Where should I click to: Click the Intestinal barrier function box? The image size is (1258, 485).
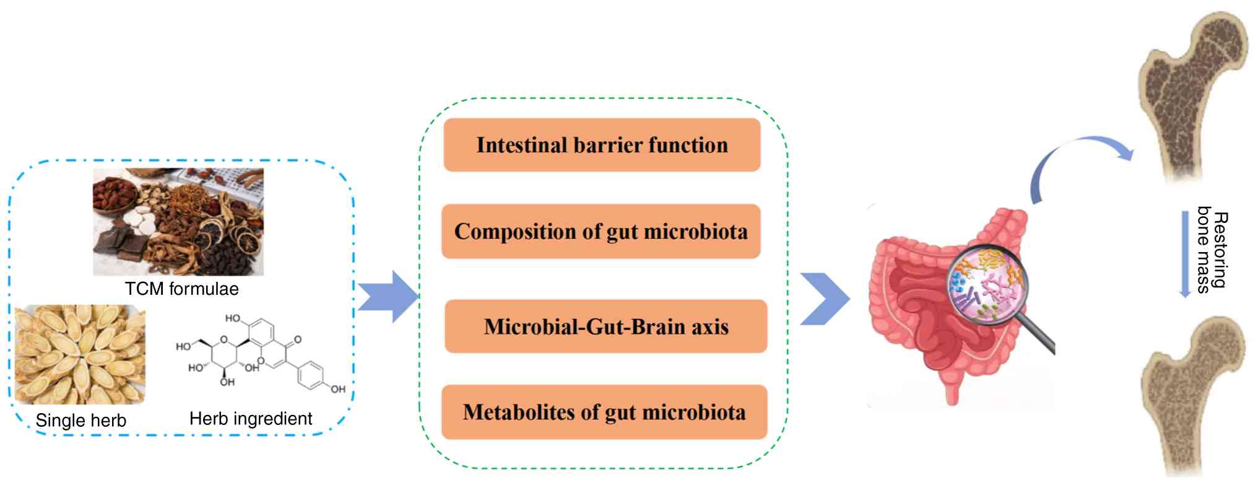click(602, 145)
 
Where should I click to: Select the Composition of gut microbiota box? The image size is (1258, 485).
click(601, 231)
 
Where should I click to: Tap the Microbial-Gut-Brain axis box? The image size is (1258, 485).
click(605, 326)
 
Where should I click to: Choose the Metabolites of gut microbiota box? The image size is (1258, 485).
click(604, 412)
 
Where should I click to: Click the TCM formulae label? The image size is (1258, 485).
click(181, 289)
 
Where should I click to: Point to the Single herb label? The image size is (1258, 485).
click(80, 421)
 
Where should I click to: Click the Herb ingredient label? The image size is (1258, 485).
click(251, 419)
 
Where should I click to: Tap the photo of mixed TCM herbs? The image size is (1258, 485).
click(178, 221)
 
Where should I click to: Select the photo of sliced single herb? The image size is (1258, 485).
click(80, 354)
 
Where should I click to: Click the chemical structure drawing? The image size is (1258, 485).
click(260, 354)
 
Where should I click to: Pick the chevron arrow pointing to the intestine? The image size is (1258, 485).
click(825, 299)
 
